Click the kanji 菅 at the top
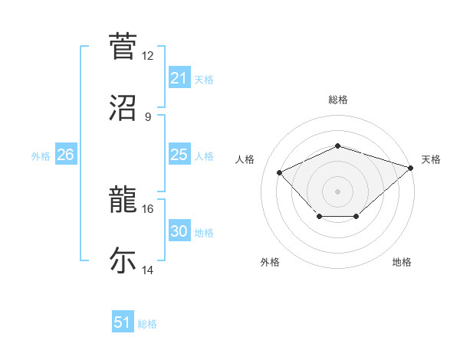click(123, 46)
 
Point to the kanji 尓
click(123, 260)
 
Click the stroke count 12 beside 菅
click(148, 56)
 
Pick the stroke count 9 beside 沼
click(148, 116)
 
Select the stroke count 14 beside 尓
click(148, 270)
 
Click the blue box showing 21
click(179, 78)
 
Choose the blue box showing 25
click(179, 155)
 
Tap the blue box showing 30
click(179, 231)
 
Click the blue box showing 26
click(66, 155)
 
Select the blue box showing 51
click(123, 322)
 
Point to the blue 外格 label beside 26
click(41, 155)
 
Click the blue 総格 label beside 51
click(147, 324)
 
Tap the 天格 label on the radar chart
click(431, 159)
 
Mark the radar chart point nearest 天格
click(412, 167)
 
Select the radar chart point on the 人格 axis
click(280, 172)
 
